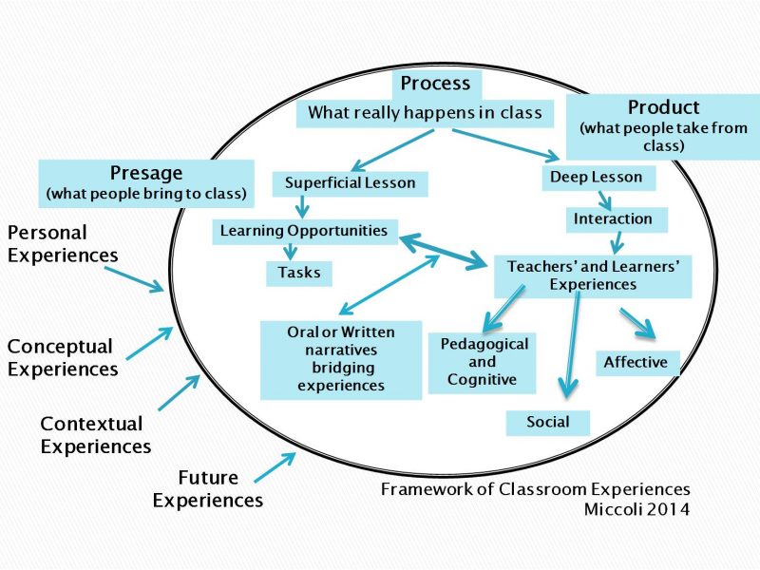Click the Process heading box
(435, 84)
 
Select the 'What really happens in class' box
(425, 113)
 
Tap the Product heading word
(663, 107)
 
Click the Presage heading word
(146, 173)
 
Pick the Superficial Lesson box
(350, 182)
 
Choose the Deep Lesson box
(596, 178)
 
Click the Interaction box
(613, 219)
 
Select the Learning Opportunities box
(304, 231)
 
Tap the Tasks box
(299, 274)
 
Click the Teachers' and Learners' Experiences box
(593, 275)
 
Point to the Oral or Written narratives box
(341, 359)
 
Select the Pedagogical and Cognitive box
(482, 362)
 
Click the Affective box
(636, 362)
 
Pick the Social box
(547, 422)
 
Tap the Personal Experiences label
(63, 243)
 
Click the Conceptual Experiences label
(63, 358)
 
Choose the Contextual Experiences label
(94, 435)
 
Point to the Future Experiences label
(208, 488)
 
